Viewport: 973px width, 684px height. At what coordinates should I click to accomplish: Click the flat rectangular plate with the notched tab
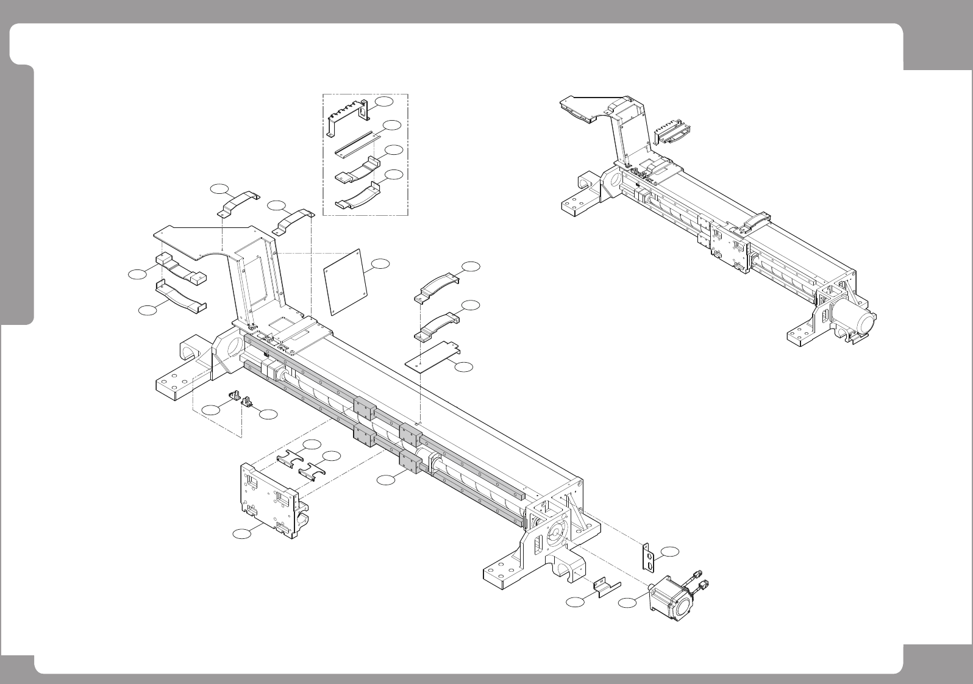click(433, 357)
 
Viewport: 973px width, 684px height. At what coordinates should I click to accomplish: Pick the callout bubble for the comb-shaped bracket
click(384, 100)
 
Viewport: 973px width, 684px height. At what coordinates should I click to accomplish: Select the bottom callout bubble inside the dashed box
click(394, 175)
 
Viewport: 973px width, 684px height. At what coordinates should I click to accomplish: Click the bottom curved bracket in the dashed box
click(357, 198)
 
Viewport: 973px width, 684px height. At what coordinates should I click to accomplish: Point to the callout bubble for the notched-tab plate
click(465, 366)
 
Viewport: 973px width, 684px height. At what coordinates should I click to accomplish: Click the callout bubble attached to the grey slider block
click(385, 480)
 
